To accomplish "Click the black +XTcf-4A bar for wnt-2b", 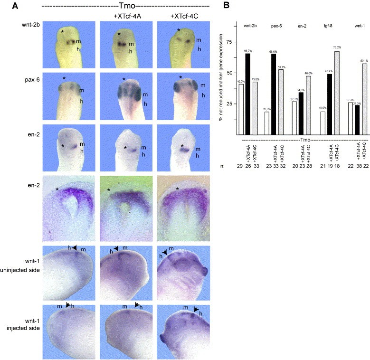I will [x=247, y=95].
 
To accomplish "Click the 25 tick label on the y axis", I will [x=231, y=104].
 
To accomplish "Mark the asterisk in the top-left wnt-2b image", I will [x=62, y=32].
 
